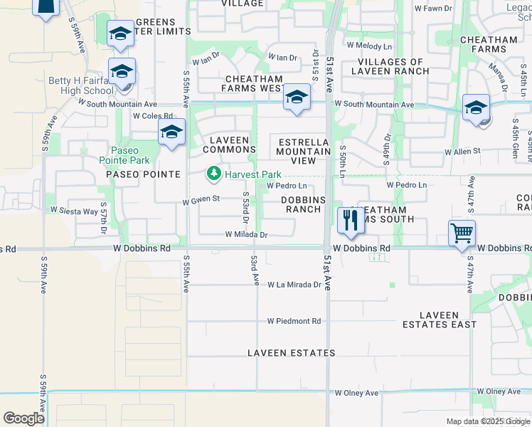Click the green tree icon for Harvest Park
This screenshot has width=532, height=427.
[x=213, y=174]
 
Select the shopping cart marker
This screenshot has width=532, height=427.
[x=462, y=232]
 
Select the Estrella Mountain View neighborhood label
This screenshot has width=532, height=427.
[x=304, y=151]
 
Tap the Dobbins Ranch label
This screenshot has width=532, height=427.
[x=304, y=205]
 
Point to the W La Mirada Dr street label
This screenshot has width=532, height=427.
[x=294, y=285]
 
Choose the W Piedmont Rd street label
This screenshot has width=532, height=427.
[x=294, y=321]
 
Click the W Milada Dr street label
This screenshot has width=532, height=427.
[x=246, y=234]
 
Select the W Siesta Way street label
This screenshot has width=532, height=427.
[x=74, y=211]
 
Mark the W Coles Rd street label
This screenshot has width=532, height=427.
[x=152, y=116]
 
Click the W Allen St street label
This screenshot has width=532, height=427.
[x=462, y=152]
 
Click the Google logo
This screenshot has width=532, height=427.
[x=23, y=418]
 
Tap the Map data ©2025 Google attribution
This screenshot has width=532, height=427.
[x=487, y=421]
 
